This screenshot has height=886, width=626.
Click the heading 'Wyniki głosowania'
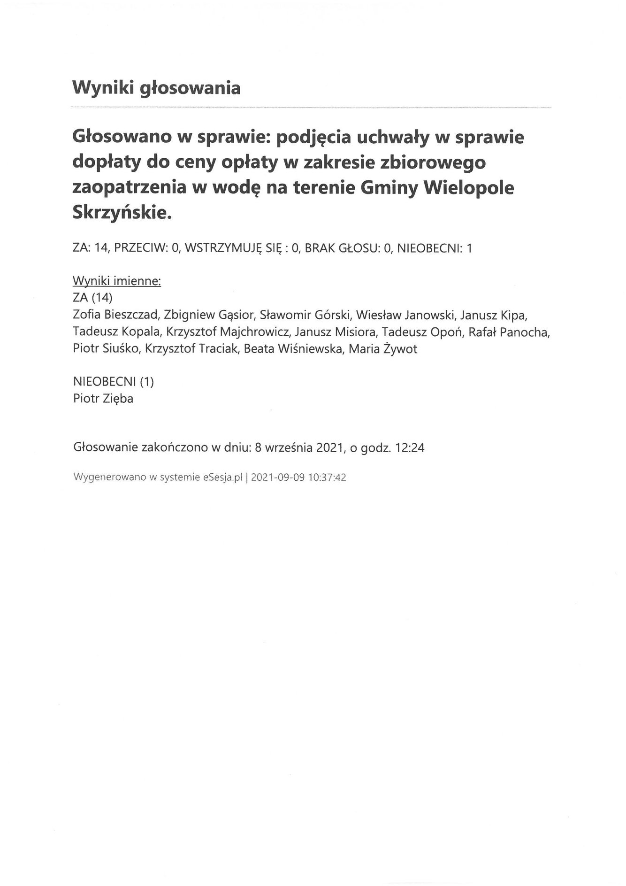point(156,88)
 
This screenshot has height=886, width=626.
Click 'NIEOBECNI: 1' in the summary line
point(434,248)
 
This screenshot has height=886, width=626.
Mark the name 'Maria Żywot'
point(382,349)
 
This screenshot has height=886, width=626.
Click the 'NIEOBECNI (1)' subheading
point(113,382)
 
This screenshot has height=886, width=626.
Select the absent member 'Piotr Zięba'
point(103,399)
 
